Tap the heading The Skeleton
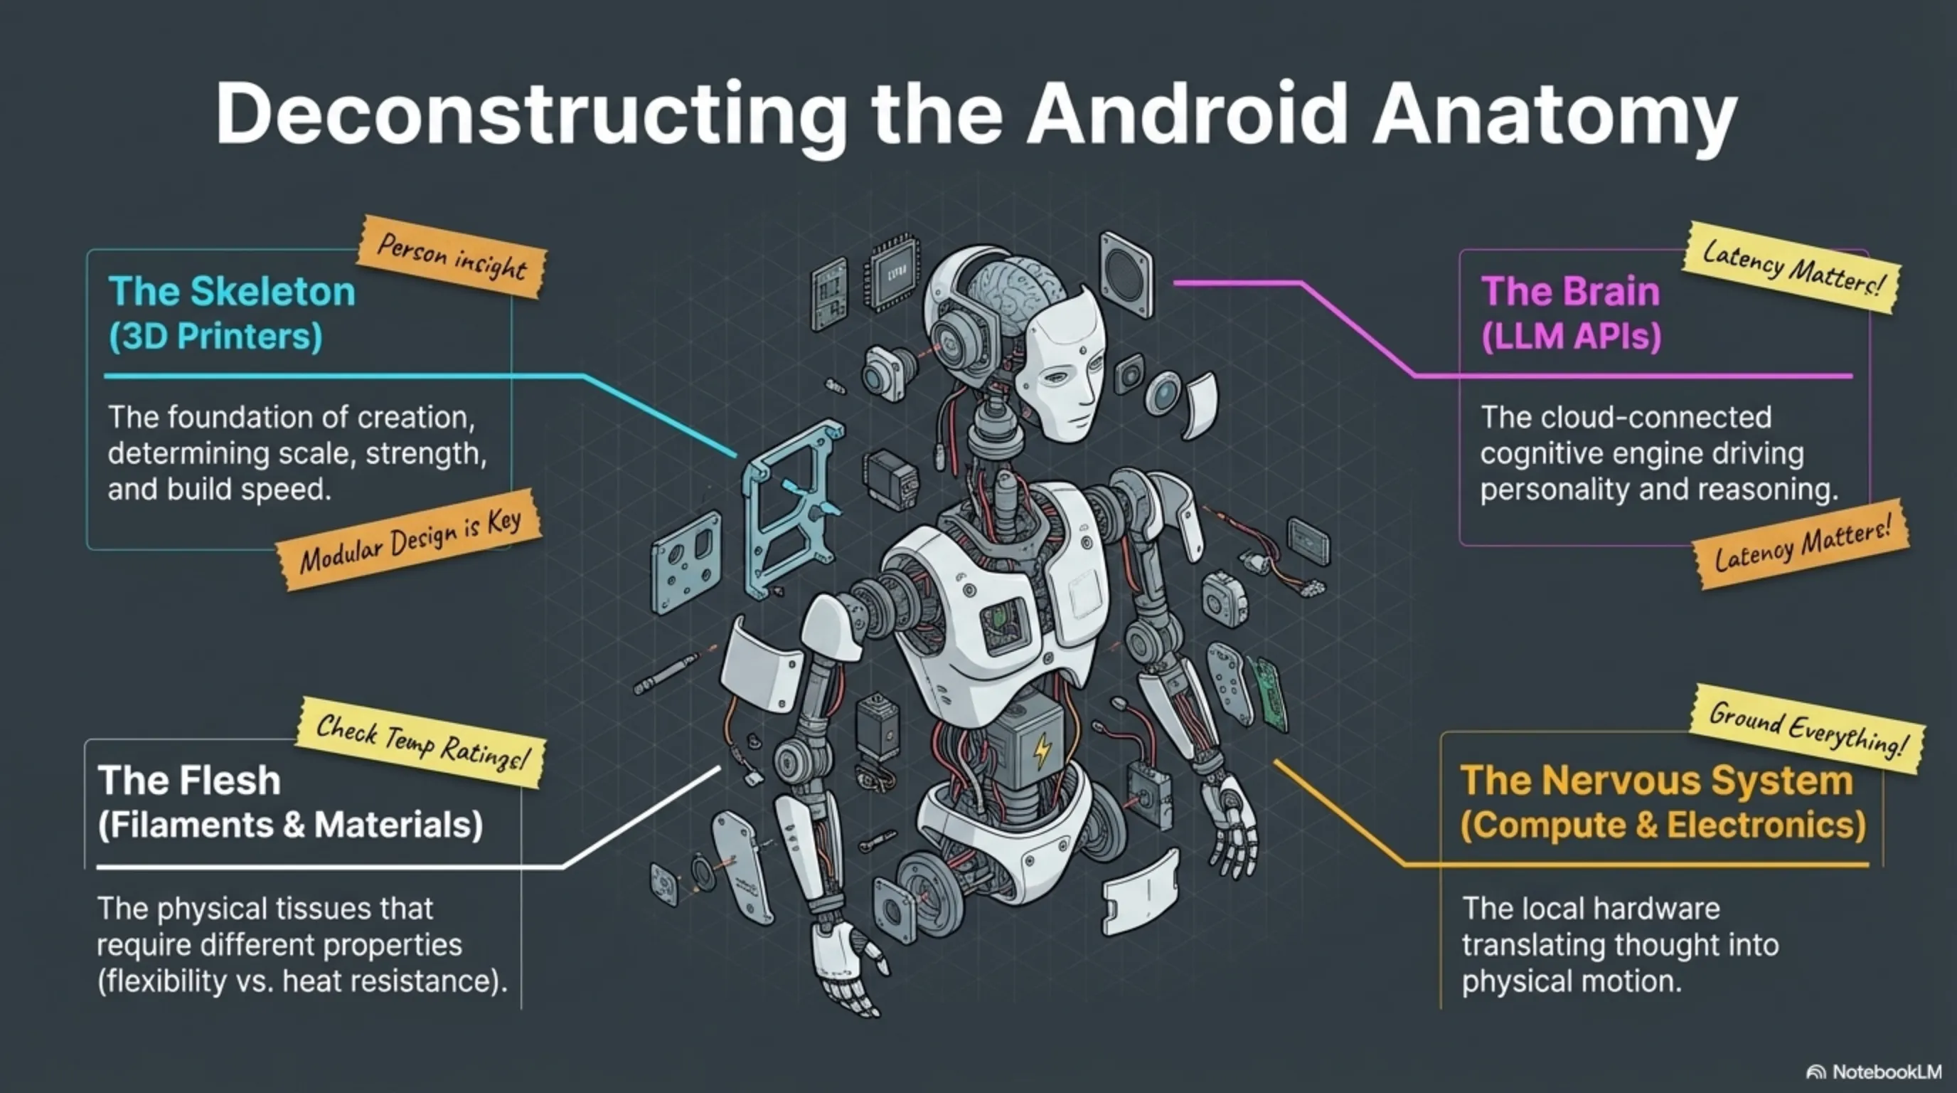coord(232,291)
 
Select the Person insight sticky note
coord(452,258)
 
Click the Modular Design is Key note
coord(410,540)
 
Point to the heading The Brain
coord(1570,291)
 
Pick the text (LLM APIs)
coord(1571,336)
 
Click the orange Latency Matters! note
coord(1801,544)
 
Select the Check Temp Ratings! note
coord(421,741)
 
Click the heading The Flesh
coord(189,781)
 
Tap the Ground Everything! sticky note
coord(1806,729)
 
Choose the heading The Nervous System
coord(1656,781)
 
